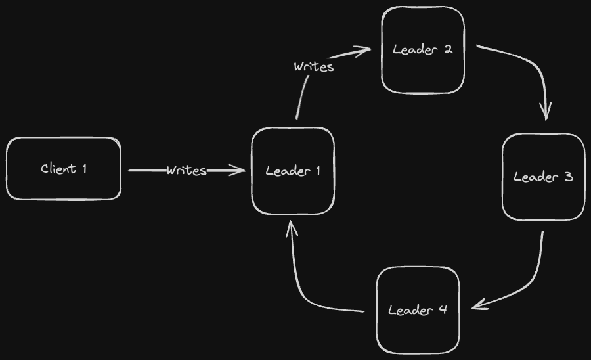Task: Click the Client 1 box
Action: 64,169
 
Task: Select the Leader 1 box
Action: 293,171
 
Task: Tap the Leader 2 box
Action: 423,50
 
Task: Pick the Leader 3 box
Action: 543,177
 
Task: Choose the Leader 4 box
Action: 418,310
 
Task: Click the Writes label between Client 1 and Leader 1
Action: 186,171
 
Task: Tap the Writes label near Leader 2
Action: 314,66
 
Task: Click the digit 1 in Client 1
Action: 83,169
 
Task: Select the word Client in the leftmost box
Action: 58,169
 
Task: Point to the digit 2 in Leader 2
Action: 448,49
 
